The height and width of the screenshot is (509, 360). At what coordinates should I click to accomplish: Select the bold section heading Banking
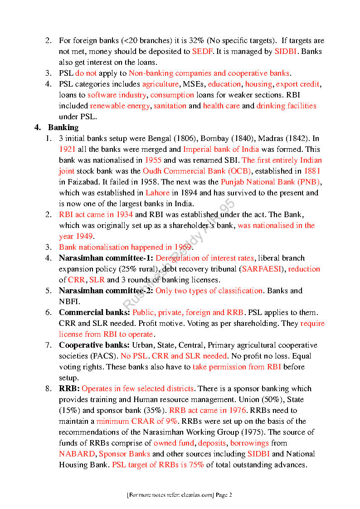63,127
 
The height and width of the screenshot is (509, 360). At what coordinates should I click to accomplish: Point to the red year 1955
153,160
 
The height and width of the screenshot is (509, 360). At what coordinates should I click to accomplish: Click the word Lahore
157,193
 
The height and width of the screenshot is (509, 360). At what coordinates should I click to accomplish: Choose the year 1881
312,171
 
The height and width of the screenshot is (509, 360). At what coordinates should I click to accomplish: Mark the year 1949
84,236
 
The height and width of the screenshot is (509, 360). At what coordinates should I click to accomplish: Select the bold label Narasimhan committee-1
106,258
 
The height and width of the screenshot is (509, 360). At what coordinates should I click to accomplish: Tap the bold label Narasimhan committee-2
106,291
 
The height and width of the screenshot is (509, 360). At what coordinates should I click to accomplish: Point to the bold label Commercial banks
94,312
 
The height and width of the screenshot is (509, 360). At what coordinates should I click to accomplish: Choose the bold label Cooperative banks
94,345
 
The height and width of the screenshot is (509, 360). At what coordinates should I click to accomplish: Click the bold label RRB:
69,388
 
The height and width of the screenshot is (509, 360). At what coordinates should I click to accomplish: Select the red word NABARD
77,454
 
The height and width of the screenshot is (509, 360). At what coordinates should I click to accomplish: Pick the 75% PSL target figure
196,465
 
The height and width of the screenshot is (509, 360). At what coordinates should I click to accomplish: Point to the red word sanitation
170,106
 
